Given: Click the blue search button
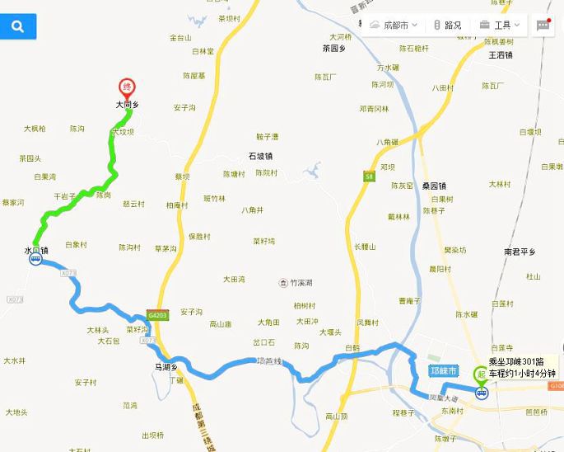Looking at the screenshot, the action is [18, 27].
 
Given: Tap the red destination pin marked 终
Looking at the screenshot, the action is [127, 87].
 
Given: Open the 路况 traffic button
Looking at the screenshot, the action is [448, 26].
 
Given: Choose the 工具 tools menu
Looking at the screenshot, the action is [500, 26].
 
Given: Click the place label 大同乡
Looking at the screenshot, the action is [128, 106].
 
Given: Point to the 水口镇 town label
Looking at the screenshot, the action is [36, 249].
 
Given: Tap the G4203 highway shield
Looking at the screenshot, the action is [158, 316].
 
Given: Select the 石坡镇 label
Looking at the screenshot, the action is [260, 156].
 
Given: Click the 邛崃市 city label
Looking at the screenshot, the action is [445, 370].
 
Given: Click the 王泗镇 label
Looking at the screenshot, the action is [500, 56].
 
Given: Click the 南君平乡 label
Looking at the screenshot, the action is [520, 252].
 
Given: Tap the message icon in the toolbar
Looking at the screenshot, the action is [543, 26].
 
